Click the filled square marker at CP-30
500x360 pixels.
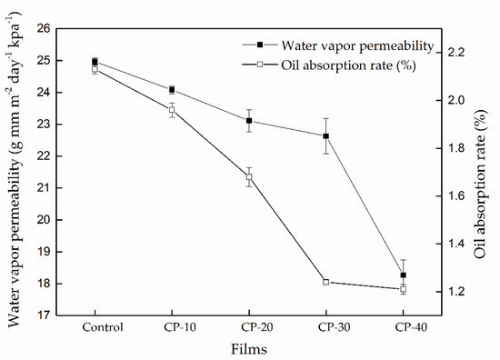pos(325,136)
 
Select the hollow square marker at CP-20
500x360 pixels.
pos(249,177)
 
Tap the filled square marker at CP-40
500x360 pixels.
pos(403,275)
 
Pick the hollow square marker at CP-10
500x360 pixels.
pos(172,110)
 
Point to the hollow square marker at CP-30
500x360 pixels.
pos(325,282)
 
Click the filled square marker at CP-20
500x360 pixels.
pos(249,121)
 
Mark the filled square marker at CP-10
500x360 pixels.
pos(172,89)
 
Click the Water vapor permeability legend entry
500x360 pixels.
pos(338,45)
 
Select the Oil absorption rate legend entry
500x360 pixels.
pos(329,65)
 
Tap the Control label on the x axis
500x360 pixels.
pos(103,327)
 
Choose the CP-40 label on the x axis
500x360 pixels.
pos(411,327)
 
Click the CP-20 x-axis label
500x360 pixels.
pos(256,327)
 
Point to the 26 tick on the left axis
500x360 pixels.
pos(45,29)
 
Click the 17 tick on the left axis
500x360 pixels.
pos(45,315)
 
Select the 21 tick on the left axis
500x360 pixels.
pos(45,188)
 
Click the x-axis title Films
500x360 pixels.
pos(249,349)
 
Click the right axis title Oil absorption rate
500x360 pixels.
pos(481,184)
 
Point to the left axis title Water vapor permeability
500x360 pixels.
pos(14,169)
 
